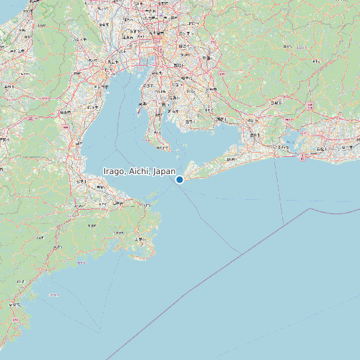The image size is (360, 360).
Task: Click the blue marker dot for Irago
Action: (179, 179)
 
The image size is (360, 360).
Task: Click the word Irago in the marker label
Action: (114, 171)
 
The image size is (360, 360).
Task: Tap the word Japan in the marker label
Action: (164, 171)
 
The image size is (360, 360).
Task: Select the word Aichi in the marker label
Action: (139, 171)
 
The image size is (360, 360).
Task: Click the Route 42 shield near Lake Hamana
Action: (303, 158)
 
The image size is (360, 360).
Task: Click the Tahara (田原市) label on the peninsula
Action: (230, 159)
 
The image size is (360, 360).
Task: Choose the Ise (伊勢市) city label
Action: (101, 188)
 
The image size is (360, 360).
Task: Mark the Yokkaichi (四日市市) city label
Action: (102, 86)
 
